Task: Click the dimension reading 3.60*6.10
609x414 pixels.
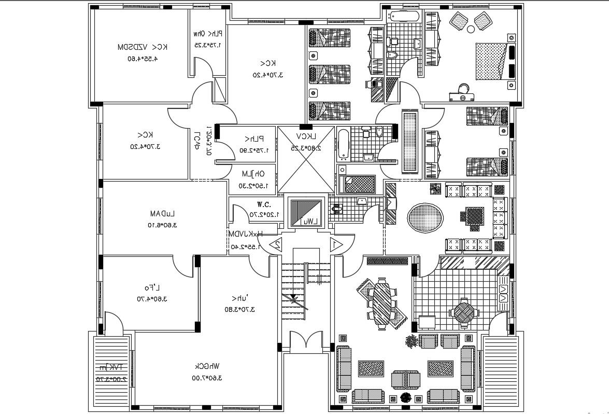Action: click(x=162, y=225)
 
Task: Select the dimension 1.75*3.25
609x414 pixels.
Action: click(x=206, y=45)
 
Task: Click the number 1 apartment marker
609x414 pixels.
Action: click(x=336, y=243)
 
